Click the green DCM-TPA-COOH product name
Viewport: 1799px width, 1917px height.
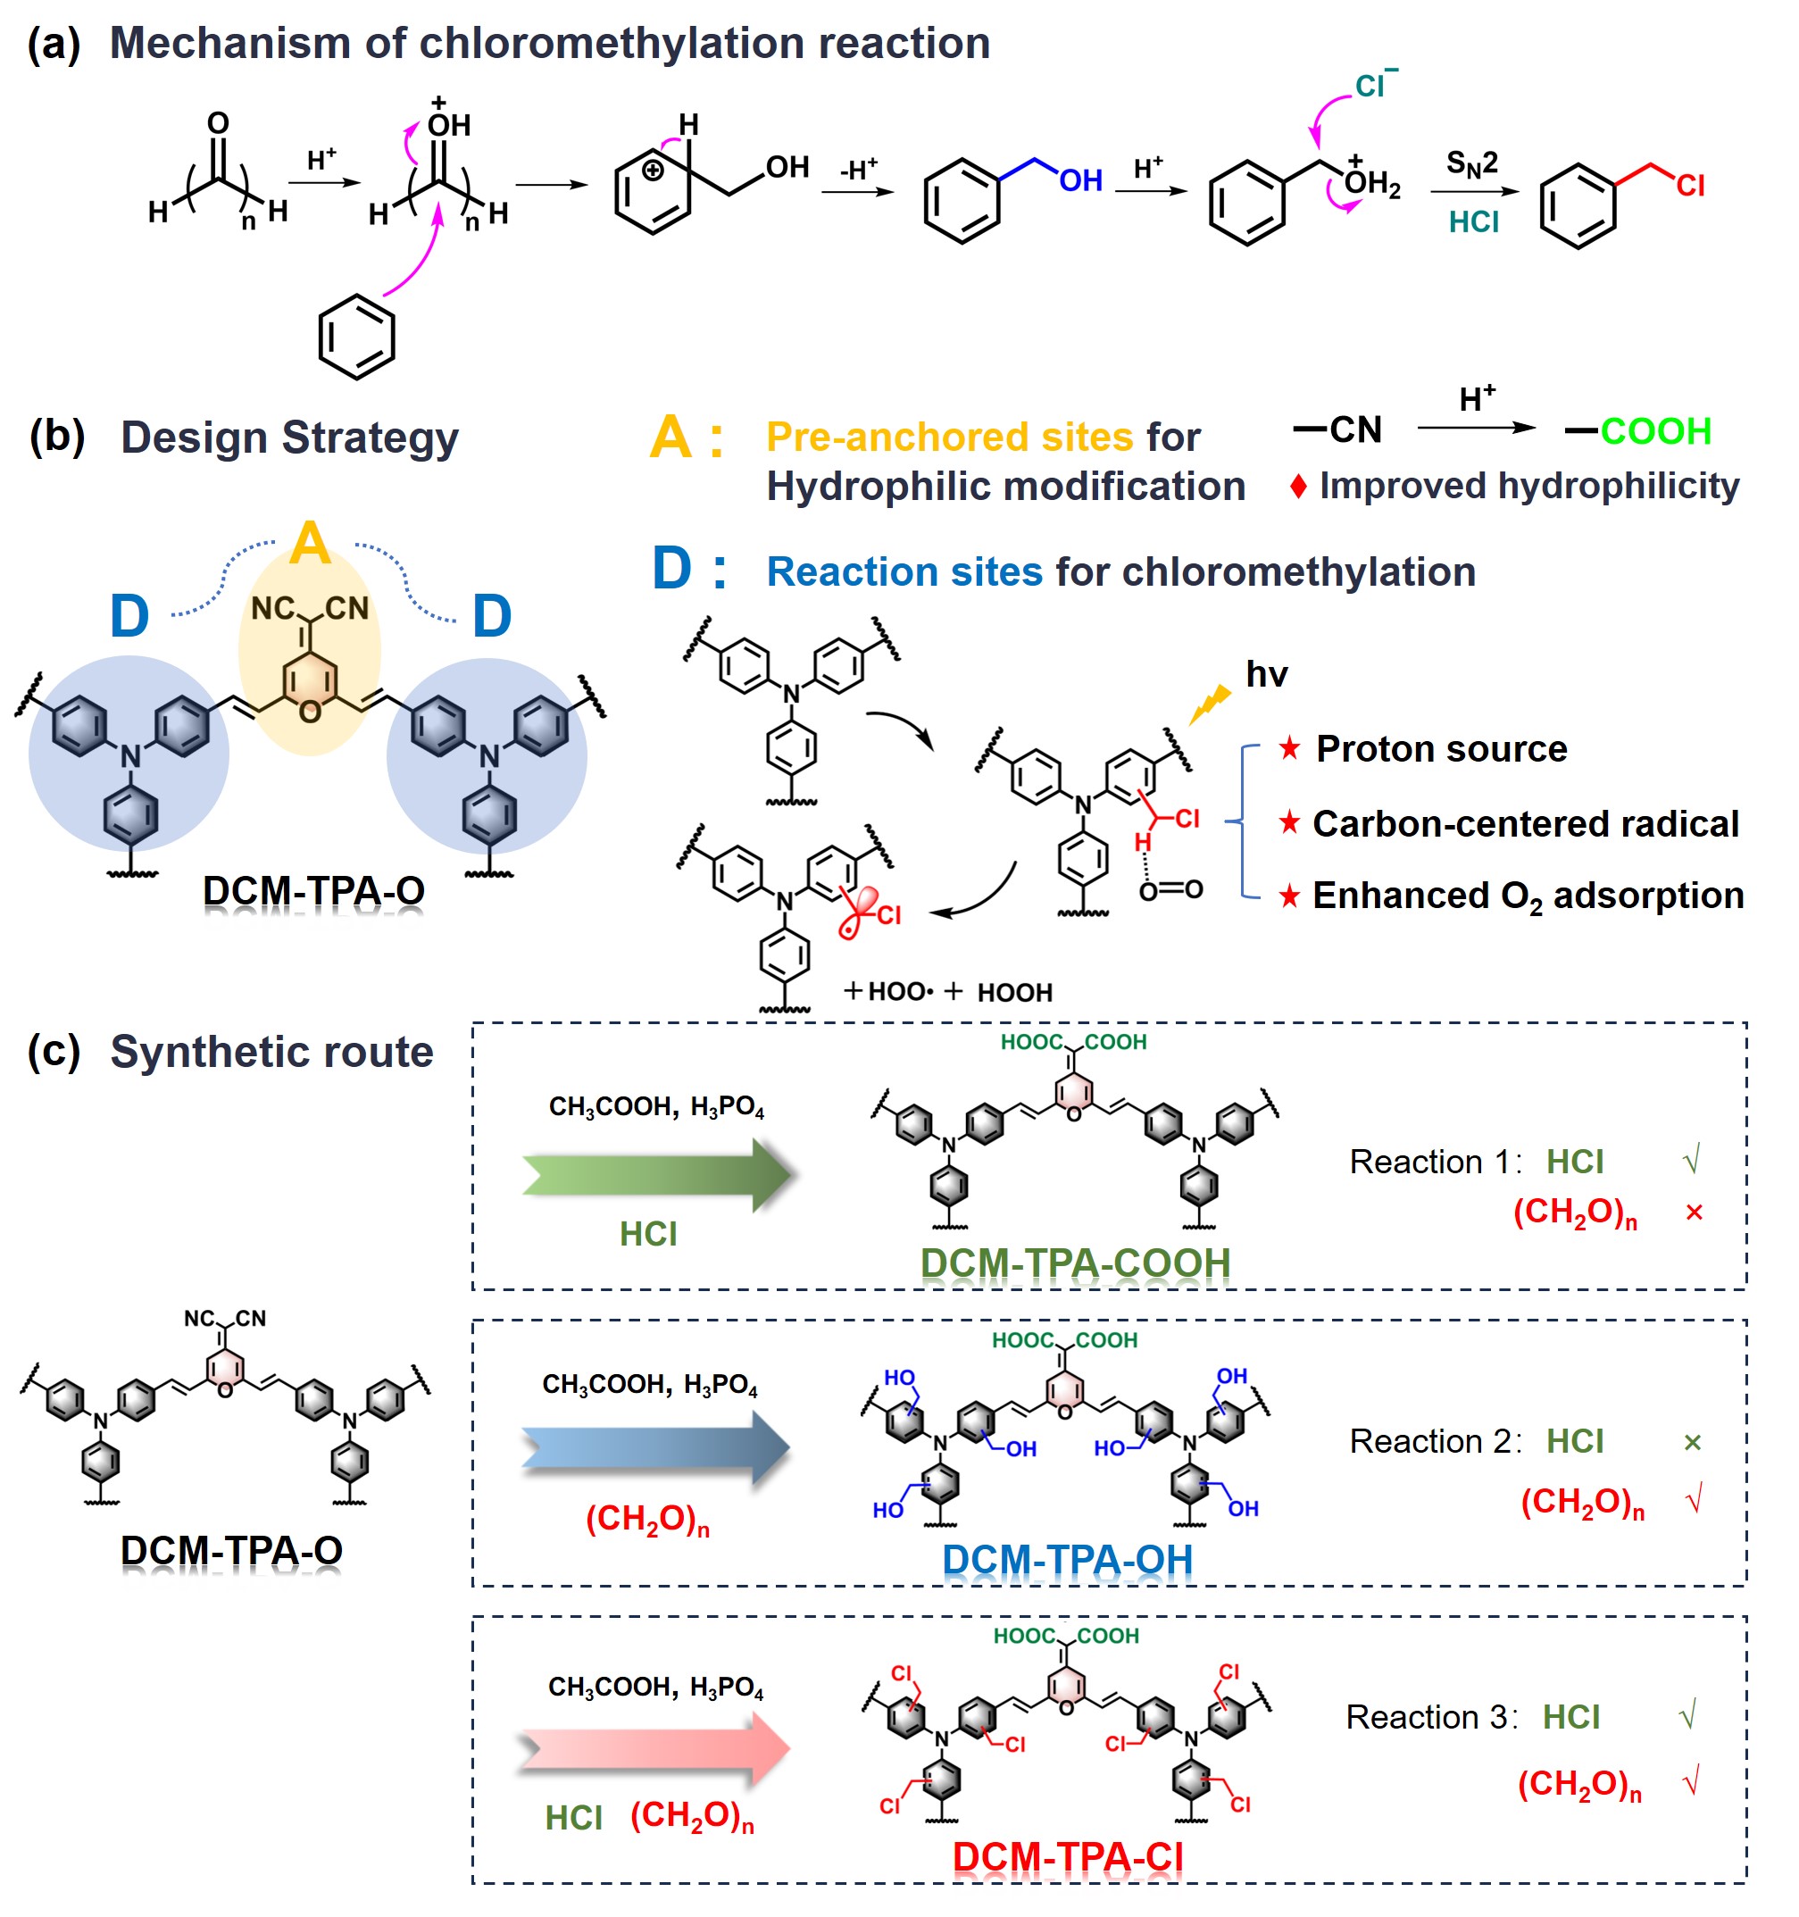pyautogui.click(x=1074, y=1263)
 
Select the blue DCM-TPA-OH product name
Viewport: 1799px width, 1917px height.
pyautogui.click(x=1067, y=1560)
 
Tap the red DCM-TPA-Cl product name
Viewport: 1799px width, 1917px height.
pyautogui.click(x=1067, y=1857)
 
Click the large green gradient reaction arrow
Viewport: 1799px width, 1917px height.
pyautogui.click(x=655, y=1174)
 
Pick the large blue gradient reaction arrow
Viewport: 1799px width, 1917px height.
pyautogui.click(x=655, y=1447)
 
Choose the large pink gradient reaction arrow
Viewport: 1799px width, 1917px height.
pyautogui.click(x=655, y=1746)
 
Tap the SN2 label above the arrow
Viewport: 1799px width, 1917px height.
pyautogui.click(x=1471, y=164)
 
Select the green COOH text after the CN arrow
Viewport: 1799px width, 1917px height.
pyautogui.click(x=1655, y=431)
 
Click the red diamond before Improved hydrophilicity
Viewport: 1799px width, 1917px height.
pyautogui.click(x=1297, y=486)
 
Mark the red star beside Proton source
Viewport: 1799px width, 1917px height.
pyautogui.click(x=1289, y=748)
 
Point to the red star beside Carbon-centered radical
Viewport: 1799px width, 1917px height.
pyautogui.click(x=1289, y=822)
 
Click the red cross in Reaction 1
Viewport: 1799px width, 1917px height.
pyautogui.click(x=1694, y=1213)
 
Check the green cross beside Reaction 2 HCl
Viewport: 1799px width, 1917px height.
pyautogui.click(x=1692, y=1443)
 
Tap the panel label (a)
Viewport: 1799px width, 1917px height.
pyautogui.click(x=54, y=45)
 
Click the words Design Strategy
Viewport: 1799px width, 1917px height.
pyautogui.click(x=289, y=438)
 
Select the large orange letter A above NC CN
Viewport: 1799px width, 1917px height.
pyautogui.click(x=310, y=543)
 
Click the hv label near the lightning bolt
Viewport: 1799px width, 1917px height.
pyautogui.click(x=1266, y=674)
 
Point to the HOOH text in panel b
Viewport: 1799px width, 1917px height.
pyautogui.click(x=1014, y=992)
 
